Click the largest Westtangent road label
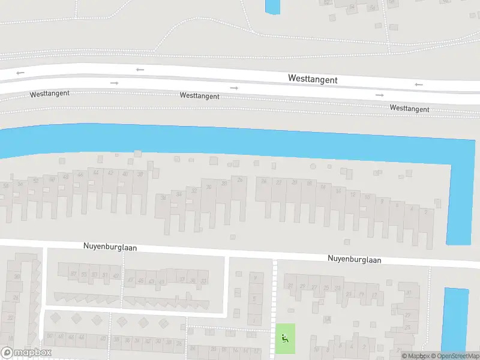point(313,79)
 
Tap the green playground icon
point(285,338)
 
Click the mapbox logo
point(26,352)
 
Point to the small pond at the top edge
point(272,7)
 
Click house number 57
point(74,274)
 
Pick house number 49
point(116,275)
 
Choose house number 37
point(182,280)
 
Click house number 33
point(204,281)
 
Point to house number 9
point(256,278)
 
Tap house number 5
point(256,298)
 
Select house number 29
point(302,287)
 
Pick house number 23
point(337,289)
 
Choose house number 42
point(110,173)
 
